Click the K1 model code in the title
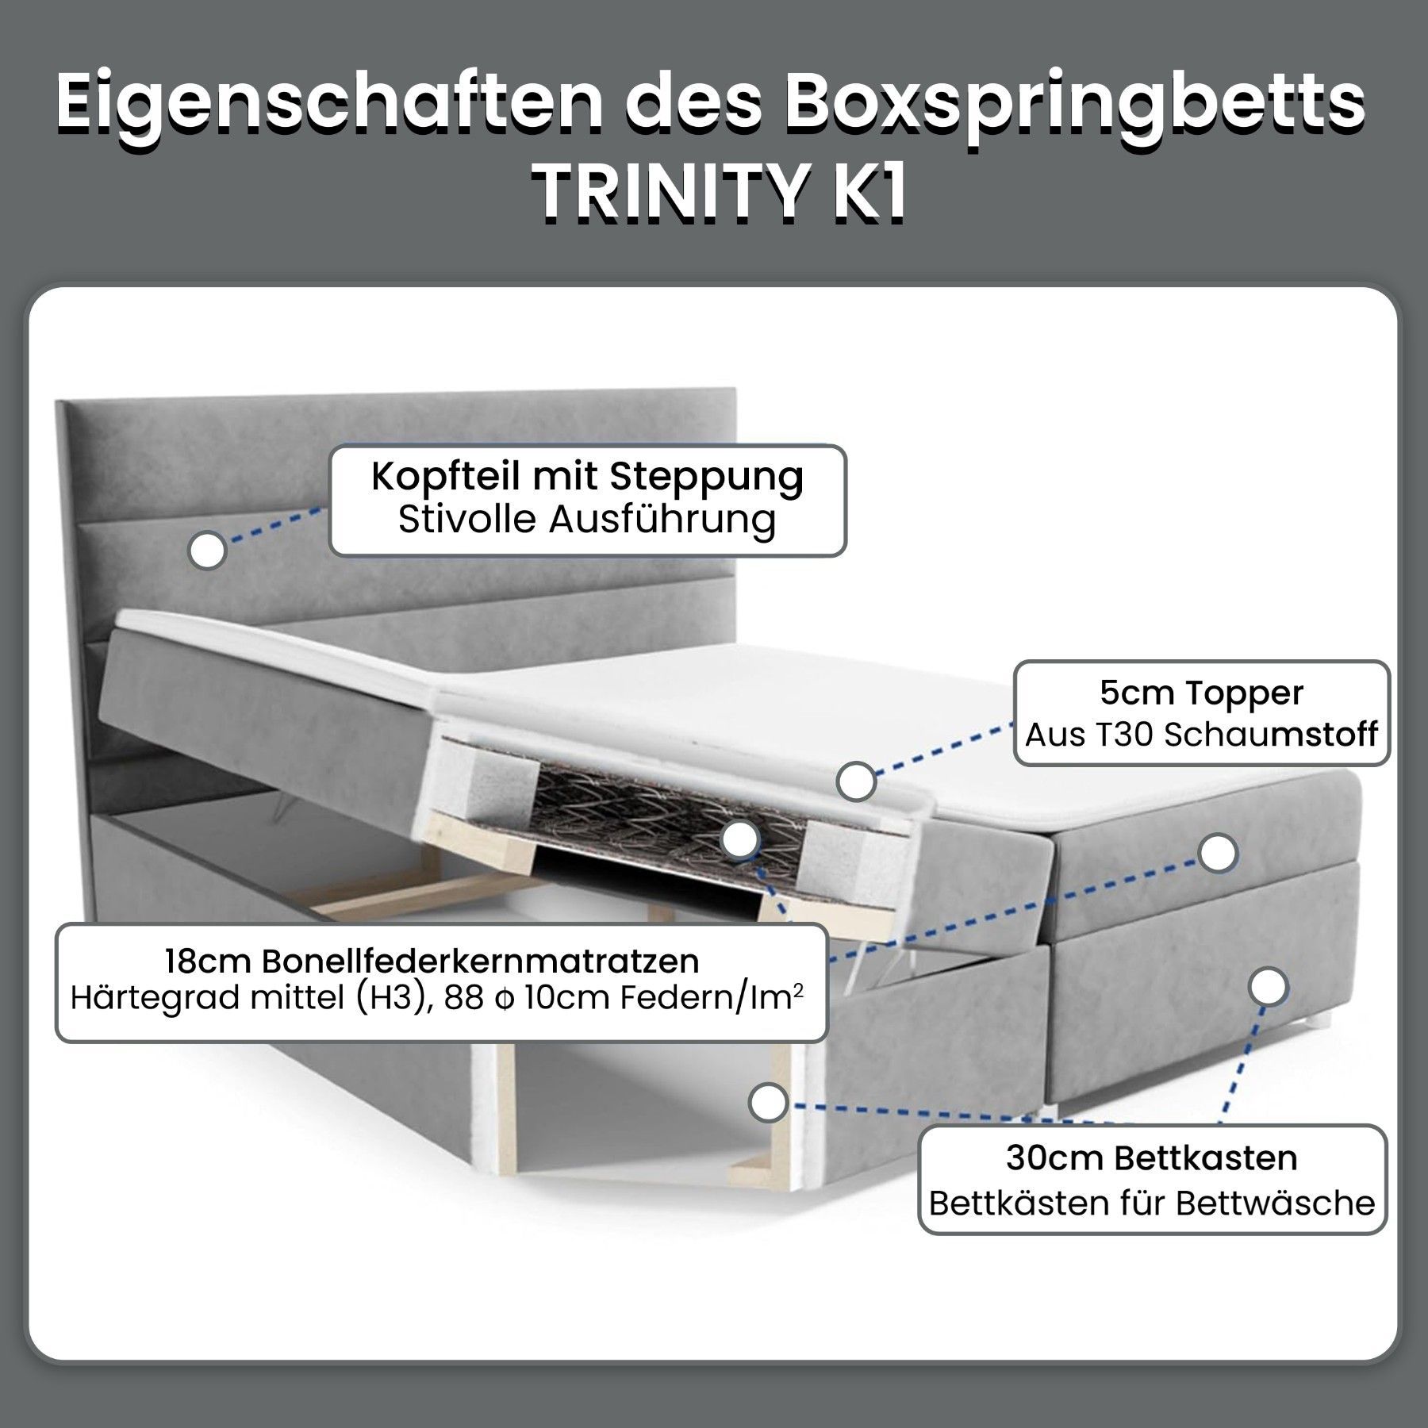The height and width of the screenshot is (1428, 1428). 867,193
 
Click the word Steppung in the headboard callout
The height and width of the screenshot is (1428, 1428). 707,478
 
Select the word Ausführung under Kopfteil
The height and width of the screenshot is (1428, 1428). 662,520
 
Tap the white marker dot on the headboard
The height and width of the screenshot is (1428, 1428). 207,550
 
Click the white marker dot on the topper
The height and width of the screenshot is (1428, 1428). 856,781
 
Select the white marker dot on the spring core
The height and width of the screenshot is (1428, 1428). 740,839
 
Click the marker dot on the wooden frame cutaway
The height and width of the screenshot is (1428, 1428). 768,1102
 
